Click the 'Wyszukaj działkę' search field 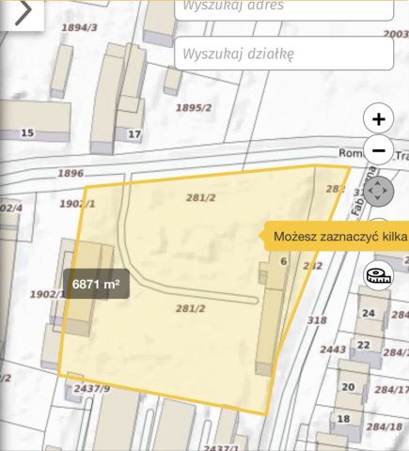[282, 54]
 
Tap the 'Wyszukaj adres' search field [282, 8]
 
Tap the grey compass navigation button [379, 192]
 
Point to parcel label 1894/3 [79, 28]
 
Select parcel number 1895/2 [193, 107]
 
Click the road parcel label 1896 [70, 173]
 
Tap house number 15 [27, 132]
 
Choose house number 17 [134, 133]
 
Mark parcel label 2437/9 [92, 388]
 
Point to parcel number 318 [317, 320]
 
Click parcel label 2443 [333, 350]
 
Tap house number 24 [369, 313]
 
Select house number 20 [348, 386]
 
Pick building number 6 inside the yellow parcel [283, 261]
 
